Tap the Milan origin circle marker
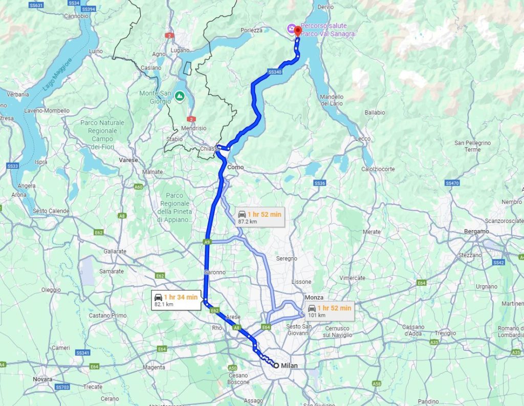point(276,365)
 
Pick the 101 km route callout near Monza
point(329,311)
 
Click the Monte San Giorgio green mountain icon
point(180,96)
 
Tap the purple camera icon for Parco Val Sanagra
point(291,29)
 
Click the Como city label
point(235,167)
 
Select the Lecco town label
point(363,139)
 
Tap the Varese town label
point(128,160)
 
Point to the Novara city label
point(42,379)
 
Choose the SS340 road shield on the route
point(274,73)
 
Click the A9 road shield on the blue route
point(207,242)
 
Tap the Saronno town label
point(214,272)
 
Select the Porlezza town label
point(251,30)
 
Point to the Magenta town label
point(154,367)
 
